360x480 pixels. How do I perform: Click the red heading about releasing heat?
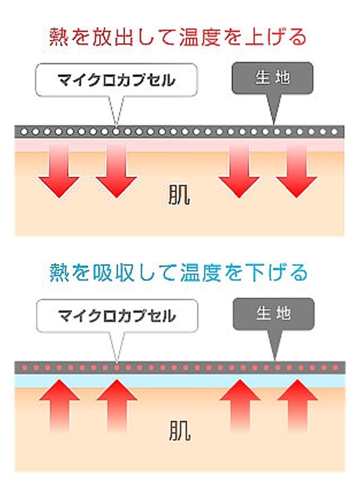(178, 37)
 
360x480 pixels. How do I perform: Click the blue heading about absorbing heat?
(178, 272)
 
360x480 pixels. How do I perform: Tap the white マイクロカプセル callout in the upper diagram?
(116, 80)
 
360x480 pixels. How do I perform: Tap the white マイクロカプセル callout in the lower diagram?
(117, 316)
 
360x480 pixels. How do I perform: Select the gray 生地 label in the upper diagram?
(272, 78)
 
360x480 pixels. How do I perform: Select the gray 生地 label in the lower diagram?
(274, 314)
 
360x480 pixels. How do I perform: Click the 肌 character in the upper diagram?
(179, 195)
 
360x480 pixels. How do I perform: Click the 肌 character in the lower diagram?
(180, 430)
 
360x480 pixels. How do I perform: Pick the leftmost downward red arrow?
(58, 171)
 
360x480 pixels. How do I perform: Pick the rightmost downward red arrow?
(296, 171)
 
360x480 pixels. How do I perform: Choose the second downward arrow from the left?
(116, 171)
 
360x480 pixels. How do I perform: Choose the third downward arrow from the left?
(239, 171)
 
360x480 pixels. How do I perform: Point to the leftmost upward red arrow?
(60, 406)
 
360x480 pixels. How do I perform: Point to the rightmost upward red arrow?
(297, 406)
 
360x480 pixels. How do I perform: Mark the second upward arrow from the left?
(117, 406)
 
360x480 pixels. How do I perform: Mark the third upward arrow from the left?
(240, 406)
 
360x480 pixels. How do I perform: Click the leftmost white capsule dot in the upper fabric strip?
(24, 132)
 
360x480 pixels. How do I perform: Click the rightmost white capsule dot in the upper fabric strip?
(334, 132)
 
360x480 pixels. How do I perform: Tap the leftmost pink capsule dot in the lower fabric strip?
(25, 367)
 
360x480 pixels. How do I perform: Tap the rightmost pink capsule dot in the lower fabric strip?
(335, 367)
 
